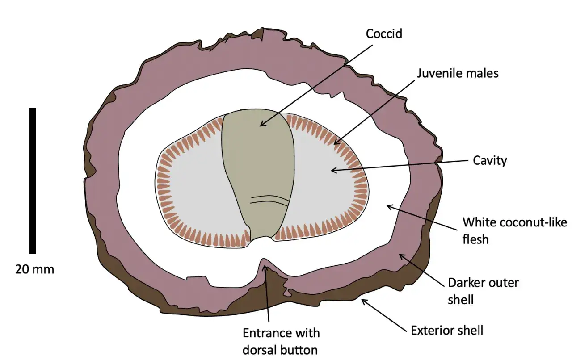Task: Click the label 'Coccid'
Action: [x=384, y=33]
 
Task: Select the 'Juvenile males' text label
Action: [x=458, y=73]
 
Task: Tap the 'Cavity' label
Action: [x=490, y=161]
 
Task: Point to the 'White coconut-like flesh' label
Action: [x=514, y=230]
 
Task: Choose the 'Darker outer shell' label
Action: [x=484, y=291]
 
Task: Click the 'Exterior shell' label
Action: [x=447, y=331]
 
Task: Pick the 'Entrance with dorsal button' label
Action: [x=281, y=341]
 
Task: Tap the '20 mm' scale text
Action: [x=34, y=269]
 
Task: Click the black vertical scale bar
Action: [x=33, y=181]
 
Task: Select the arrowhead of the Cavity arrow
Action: [x=333, y=170]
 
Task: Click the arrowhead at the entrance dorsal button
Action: [x=265, y=268]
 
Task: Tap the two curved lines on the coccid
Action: [x=269, y=201]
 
